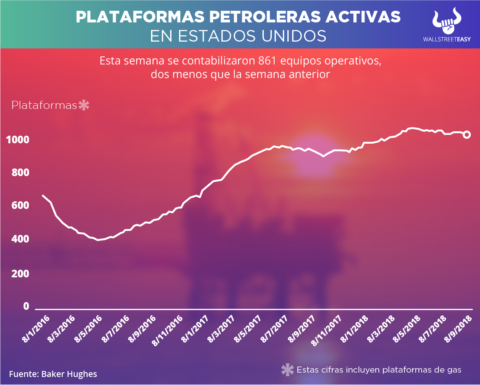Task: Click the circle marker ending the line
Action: (x=466, y=135)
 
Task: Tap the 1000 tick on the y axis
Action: (x=18, y=140)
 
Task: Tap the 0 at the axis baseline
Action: (x=26, y=306)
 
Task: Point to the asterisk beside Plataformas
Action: (x=84, y=106)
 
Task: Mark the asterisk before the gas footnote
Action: (x=287, y=370)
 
